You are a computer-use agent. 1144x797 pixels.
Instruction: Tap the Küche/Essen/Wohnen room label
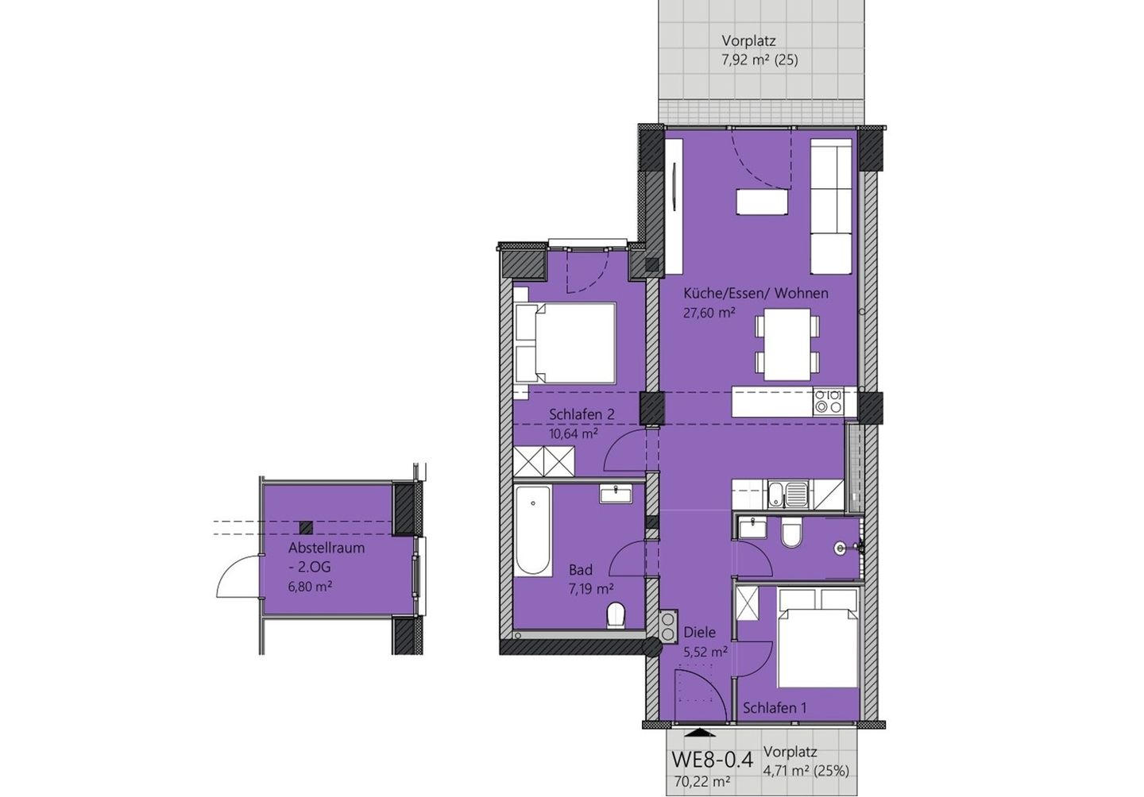pos(756,294)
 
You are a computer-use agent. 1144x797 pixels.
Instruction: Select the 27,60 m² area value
pos(709,313)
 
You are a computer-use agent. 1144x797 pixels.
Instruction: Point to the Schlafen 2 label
pos(582,414)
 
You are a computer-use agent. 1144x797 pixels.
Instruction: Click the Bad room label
pos(581,569)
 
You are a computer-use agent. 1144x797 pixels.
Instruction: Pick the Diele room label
pos(700,632)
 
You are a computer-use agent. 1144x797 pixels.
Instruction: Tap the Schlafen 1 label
pos(775,708)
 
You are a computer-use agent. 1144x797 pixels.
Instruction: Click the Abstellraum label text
pos(327,548)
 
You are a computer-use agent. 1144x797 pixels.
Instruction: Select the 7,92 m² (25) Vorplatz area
pos(759,60)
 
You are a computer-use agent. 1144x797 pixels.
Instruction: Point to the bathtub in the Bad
pos(532,531)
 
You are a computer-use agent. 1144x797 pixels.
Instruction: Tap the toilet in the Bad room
pos(616,616)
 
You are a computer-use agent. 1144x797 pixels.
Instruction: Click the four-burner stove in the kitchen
pos(828,402)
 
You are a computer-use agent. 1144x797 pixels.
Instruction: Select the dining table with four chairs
pos(787,345)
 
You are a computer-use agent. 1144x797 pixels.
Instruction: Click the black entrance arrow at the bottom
pos(700,733)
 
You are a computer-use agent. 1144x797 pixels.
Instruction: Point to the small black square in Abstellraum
pos(306,527)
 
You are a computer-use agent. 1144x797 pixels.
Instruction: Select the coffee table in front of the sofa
pos(762,202)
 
